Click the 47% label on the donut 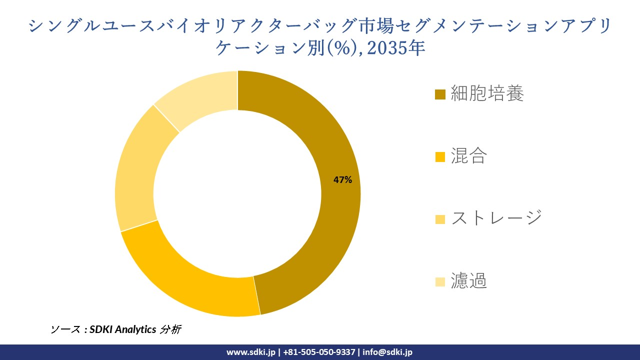[x=343, y=180]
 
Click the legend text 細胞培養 [x=487, y=93]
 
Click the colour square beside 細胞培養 [x=440, y=94]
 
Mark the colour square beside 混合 [x=440, y=157]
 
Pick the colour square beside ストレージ [x=440, y=219]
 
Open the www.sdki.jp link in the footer [x=251, y=352]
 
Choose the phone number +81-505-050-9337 [x=319, y=352]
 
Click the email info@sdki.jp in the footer [x=387, y=352]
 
